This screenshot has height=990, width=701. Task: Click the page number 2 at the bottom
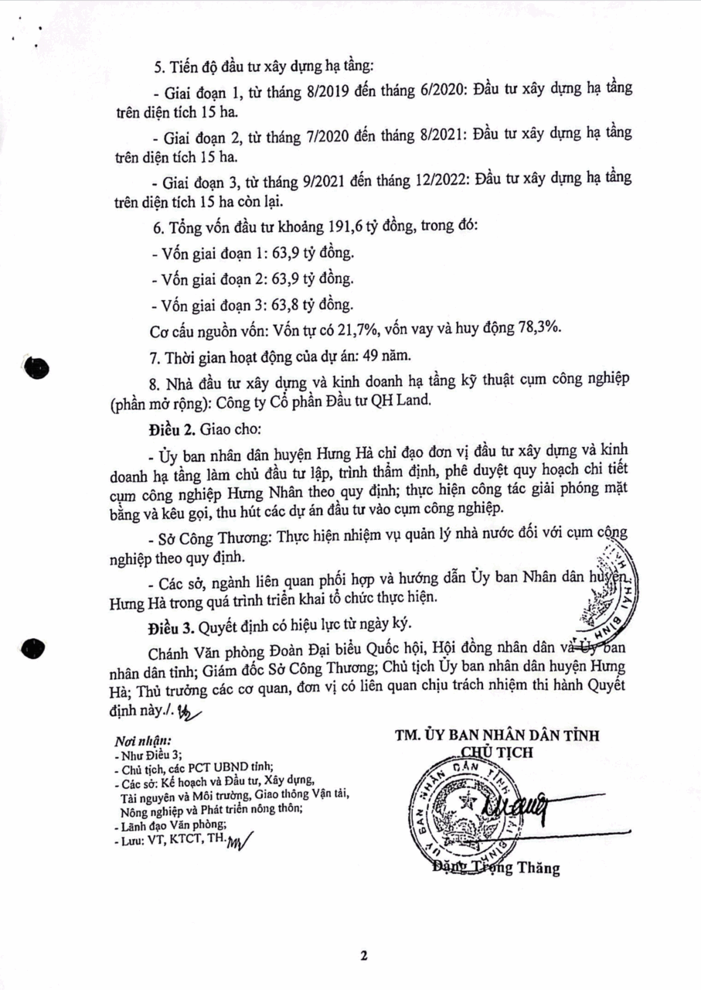pos(362,954)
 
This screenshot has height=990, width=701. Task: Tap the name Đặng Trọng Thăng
pos(495,868)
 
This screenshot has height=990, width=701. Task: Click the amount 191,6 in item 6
pos(353,230)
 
